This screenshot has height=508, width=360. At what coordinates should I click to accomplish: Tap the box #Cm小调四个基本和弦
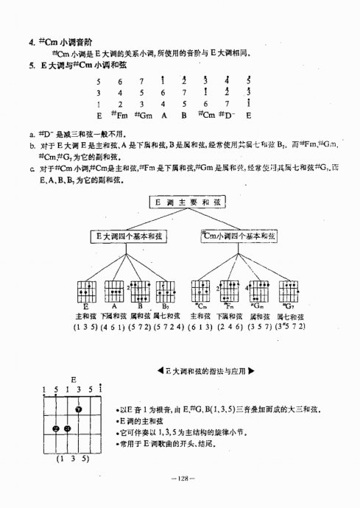tap(238, 236)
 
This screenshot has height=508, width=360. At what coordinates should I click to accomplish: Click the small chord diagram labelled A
tap(114, 290)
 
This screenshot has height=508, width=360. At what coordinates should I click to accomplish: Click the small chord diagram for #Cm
tap(200, 290)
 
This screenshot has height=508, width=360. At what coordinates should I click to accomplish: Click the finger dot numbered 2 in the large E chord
tap(55, 428)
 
